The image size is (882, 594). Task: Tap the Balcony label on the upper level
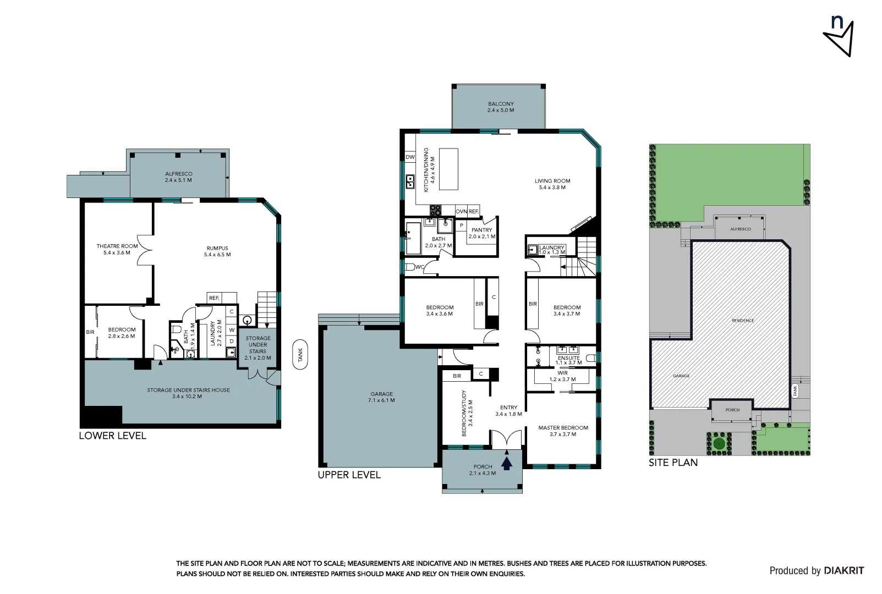(x=500, y=107)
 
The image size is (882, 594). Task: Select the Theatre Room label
(x=117, y=249)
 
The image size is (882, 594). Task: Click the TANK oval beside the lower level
(x=300, y=354)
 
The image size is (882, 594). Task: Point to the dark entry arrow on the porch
(x=507, y=461)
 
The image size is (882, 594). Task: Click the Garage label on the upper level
(x=381, y=397)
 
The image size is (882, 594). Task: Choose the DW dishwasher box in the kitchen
(x=410, y=157)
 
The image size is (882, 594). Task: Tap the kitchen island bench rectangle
(x=449, y=168)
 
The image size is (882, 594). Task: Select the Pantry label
(x=481, y=233)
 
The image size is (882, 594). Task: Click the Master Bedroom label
(x=563, y=431)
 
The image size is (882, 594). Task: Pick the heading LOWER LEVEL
(x=112, y=436)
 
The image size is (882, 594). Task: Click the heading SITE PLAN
(x=672, y=463)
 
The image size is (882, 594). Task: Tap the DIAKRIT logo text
(x=843, y=570)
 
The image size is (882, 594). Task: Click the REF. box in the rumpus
(x=214, y=298)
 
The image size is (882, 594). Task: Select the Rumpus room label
(x=217, y=251)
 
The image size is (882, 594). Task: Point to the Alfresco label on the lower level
(x=178, y=177)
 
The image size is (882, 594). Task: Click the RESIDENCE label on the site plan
(x=742, y=321)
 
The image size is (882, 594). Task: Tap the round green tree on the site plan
(x=718, y=443)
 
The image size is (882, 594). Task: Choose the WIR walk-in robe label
(x=562, y=376)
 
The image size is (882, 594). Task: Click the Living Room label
(x=552, y=184)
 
